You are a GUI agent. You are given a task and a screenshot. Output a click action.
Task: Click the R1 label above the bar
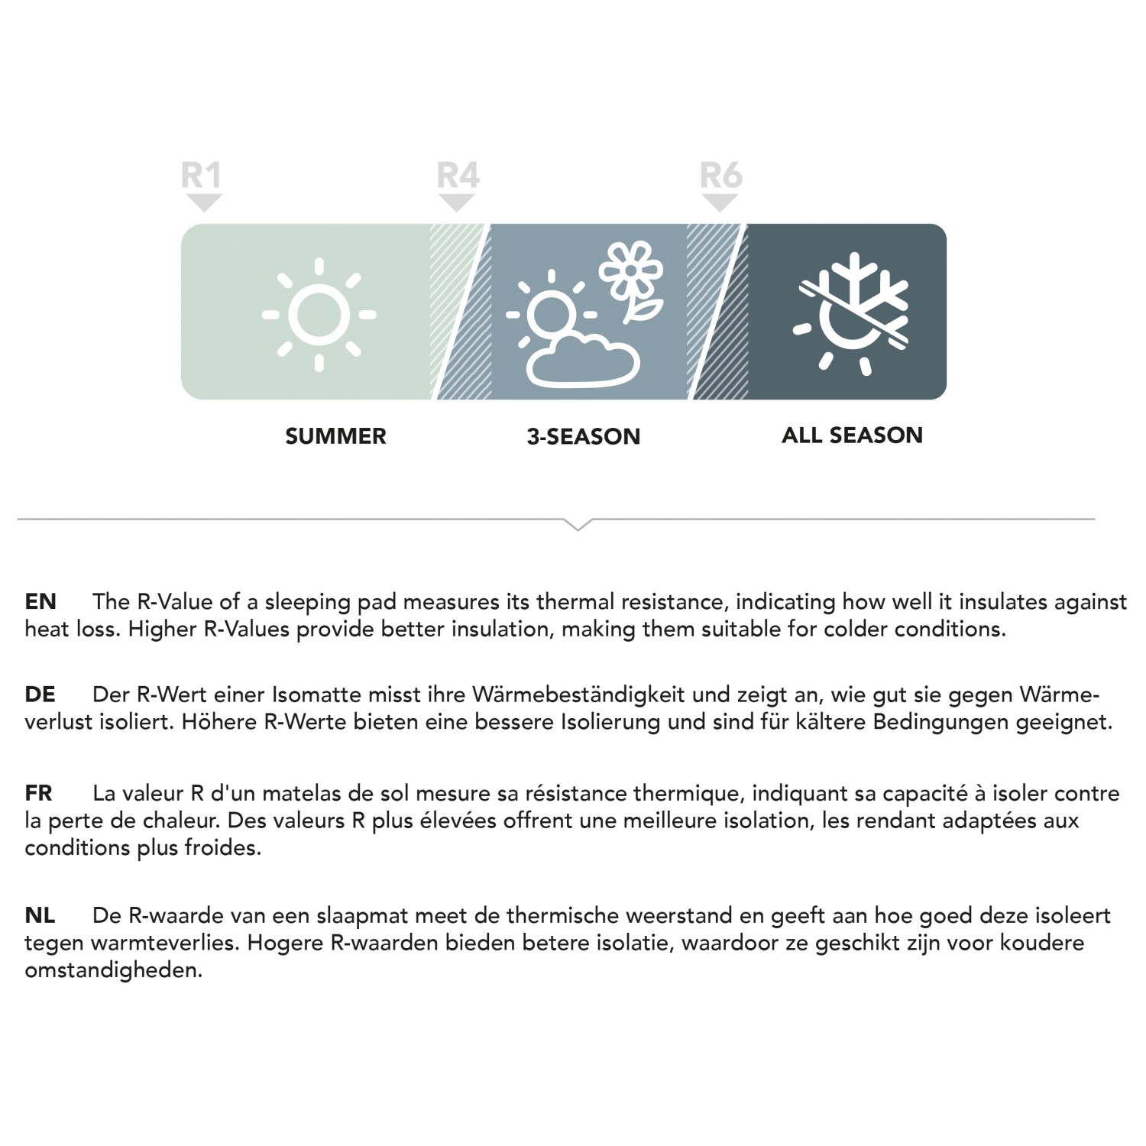click(201, 176)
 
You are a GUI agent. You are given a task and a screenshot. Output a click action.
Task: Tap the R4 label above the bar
click(458, 176)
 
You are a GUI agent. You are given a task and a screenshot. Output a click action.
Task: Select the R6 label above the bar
click(720, 176)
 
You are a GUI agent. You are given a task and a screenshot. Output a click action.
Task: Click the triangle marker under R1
click(204, 202)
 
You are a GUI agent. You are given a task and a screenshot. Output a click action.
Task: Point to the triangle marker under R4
click(457, 202)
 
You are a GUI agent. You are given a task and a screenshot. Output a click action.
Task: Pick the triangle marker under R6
click(720, 202)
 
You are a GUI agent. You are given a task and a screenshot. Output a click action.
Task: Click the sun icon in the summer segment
click(319, 314)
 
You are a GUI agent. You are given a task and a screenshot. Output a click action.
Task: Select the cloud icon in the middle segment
click(584, 359)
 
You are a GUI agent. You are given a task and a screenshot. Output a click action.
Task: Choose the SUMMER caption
click(335, 436)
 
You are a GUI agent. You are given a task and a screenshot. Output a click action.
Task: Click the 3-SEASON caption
click(583, 436)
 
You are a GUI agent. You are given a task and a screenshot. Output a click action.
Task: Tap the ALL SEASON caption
click(852, 435)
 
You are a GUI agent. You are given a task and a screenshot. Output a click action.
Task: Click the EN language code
click(40, 602)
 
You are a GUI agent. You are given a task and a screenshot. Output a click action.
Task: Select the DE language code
click(40, 694)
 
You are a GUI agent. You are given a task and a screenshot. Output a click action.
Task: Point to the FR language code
click(39, 793)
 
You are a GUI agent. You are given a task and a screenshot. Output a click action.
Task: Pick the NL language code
click(40, 915)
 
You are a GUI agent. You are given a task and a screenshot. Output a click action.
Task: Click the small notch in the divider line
click(578, 525)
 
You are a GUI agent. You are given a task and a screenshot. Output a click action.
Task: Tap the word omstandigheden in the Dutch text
click(113, 970)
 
